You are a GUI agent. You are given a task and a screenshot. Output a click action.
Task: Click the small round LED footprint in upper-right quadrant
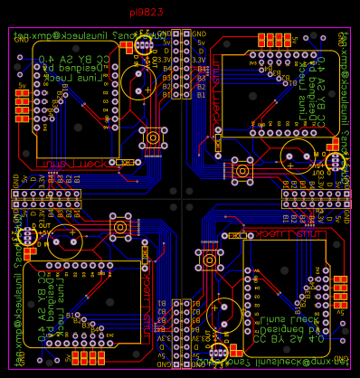coord(336,161)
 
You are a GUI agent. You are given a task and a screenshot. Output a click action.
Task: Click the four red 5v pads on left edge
coord(22,106)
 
